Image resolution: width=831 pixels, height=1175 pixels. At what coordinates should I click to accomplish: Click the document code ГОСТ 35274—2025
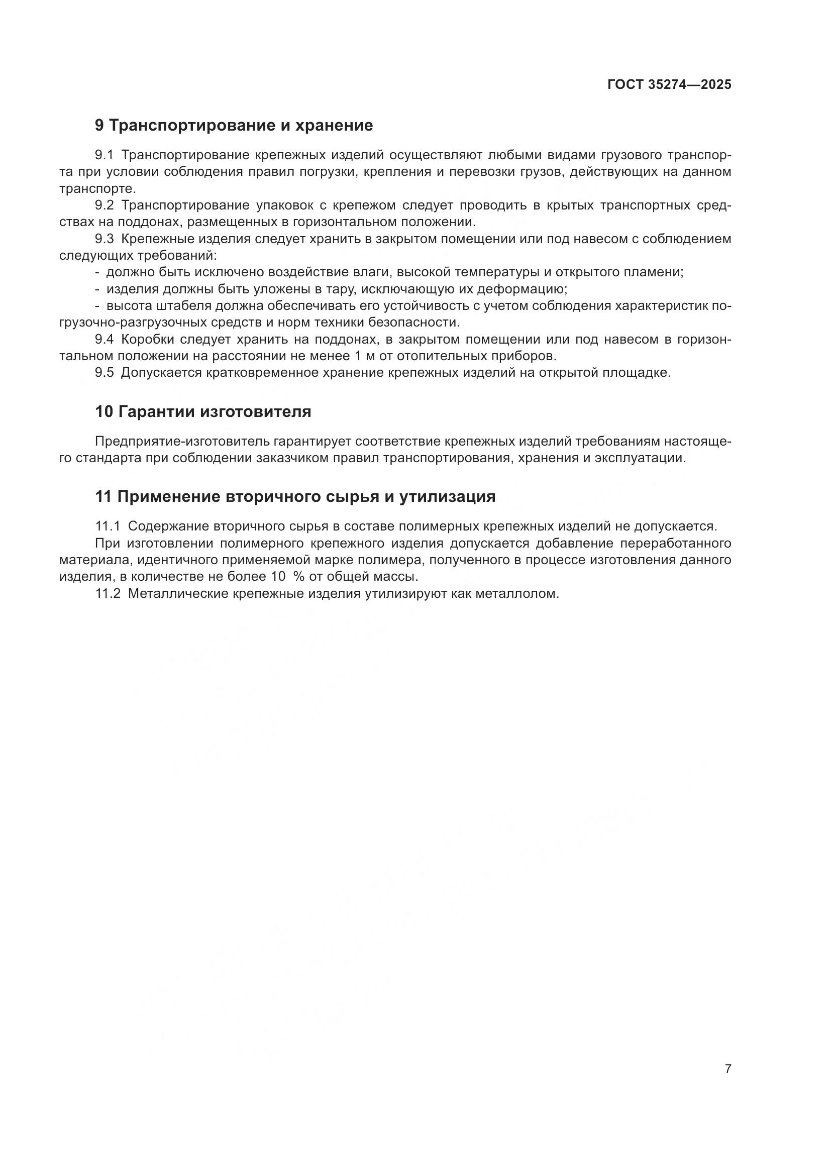click(x=669, y=85)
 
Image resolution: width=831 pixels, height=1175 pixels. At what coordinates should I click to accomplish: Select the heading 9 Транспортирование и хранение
click(x=234, y=126)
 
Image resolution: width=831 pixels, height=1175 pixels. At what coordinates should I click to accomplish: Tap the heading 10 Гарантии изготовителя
click(x=203, y=411)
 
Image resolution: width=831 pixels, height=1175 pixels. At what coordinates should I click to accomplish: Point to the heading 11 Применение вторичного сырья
click(x=295, y=496)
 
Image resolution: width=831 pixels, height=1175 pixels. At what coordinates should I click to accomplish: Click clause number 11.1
click(x=108, y=526)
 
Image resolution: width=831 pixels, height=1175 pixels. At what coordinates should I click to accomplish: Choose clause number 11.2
click(x=108, y=594)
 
